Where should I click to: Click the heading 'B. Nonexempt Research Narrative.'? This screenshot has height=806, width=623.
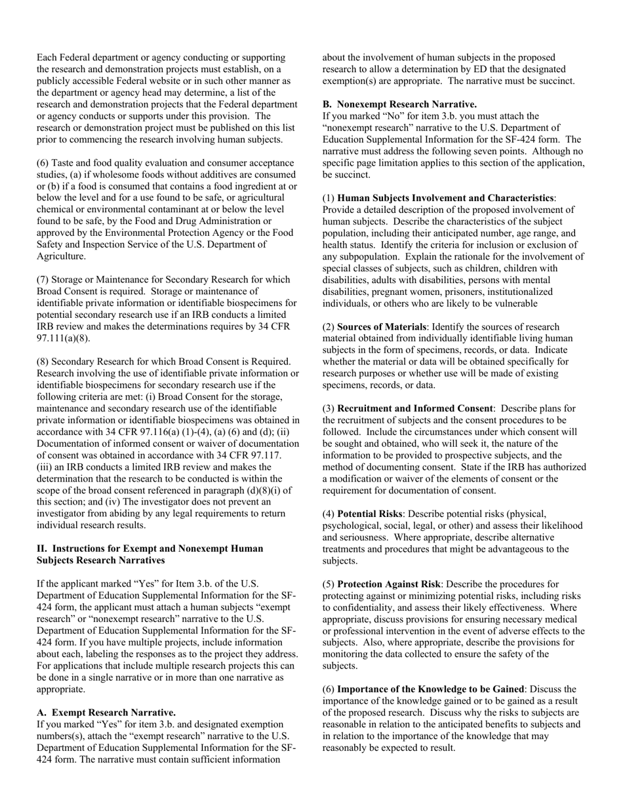(399, 104)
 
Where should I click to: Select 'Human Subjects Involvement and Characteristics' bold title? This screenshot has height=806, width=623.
(445, 198)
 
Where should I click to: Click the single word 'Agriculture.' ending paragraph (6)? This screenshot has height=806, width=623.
(61, 256)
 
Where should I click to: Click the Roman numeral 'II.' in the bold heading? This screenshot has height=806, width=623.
(42, 548)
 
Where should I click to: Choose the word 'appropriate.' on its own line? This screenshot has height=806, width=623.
(62, 689)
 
